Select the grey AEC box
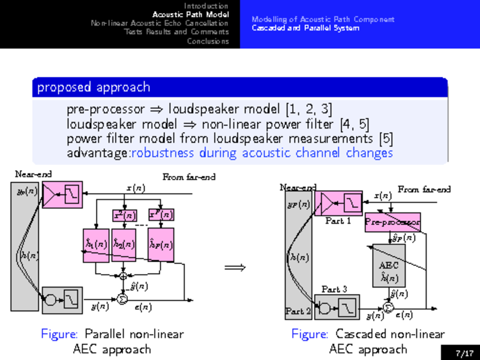(x=389, y=265)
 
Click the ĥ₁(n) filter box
(x=95, y=245)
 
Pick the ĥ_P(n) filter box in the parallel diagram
(x=161, y=245)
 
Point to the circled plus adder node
(x=124, y=276)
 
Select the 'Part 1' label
(x=338, y=221)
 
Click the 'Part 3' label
(x=334, y=289)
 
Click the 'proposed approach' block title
(x=94, y=88)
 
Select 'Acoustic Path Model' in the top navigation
(x=190, y=14)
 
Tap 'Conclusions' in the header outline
(x=208, y=41)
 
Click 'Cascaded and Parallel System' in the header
(x=305, y=28)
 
